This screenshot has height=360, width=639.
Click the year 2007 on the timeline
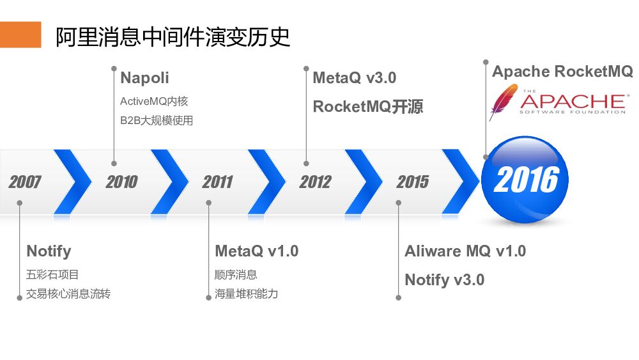click(x=25, y=182)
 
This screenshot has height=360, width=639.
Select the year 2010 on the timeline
click(x=121, y=182)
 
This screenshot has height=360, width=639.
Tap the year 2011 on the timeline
click(x=218, y=182)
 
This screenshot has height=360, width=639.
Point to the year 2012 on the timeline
click(x=315, y=182)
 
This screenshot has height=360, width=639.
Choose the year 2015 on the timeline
click(x=412, y=182)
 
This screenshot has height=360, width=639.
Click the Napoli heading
click(x=144, y=78)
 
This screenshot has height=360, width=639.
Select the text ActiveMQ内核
click(x=154, y=102)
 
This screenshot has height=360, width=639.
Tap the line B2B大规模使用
click(x=156, y=120)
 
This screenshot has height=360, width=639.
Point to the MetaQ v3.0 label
click(x=354, y=78)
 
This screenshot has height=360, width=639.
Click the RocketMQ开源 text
click(x=367, y=107)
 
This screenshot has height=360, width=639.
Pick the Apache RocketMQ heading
click(x=562, y=71)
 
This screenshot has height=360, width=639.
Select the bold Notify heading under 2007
click(x=49, y=251)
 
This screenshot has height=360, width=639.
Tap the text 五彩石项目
click(x=52, y=275)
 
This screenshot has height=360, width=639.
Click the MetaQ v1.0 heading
click(x=256, y=251)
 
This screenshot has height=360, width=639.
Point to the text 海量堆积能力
click(x=246, y=294)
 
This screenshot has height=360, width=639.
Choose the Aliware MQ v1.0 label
click(x=465, y=251)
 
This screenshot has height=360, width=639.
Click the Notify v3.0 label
click(x=444, y=279)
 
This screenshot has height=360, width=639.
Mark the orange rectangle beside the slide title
click(x=20, y=35)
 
